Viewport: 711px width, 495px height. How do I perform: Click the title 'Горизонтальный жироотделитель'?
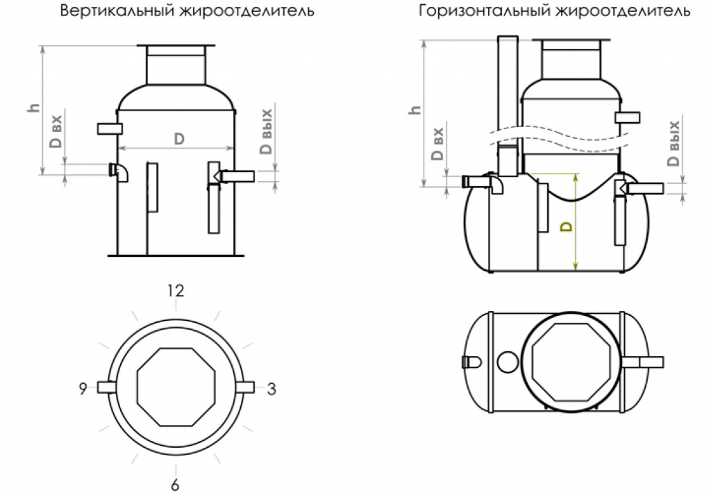click(x=553, y=12)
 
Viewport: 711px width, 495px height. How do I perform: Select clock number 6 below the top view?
click(x=175, y=485)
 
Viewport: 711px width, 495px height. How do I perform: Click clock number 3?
click(x=271, y=389)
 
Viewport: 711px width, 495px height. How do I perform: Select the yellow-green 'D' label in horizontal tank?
click(x=566, y=226)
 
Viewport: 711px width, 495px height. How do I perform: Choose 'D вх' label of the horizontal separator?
click(x=437, y=144)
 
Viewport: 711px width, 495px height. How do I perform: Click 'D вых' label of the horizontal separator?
click(x=672, y=144)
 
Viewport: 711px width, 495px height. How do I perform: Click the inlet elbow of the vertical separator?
click(x=120, y=172)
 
